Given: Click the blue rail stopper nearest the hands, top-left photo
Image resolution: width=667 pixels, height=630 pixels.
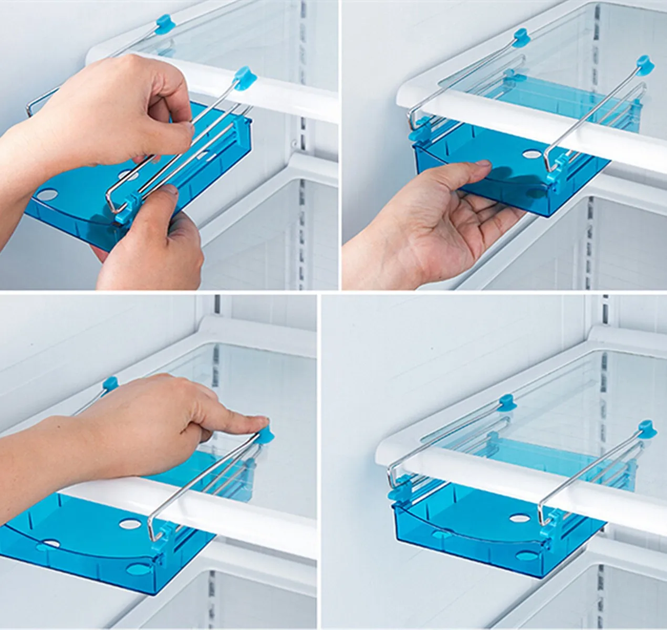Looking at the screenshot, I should pyautogui.click(x=244, y=78).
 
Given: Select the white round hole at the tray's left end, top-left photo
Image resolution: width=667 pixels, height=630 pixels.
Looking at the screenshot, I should pyautogui.click(x=46, y=195).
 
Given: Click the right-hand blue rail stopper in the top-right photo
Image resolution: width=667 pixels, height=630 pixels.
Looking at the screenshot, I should pyautogui.click(x=645, y=64).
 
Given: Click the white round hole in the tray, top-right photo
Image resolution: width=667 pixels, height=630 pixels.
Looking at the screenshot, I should pyautogui.click(x=532, y=155).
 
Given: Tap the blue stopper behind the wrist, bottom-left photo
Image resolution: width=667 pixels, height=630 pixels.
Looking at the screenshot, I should pyautogui.click(x=110, y=384).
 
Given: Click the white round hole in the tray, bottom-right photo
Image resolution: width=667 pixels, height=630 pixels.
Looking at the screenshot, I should pyautogui.click(x=519, y=519).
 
